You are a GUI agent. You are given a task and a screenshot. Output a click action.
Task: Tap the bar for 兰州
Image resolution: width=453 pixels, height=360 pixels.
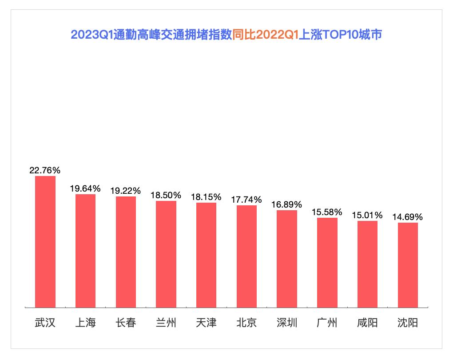pos(166,254)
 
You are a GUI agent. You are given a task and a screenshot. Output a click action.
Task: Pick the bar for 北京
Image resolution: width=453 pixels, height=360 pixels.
pos(246,256)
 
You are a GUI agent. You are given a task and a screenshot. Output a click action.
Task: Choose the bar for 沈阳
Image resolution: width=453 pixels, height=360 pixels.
pos(408,265)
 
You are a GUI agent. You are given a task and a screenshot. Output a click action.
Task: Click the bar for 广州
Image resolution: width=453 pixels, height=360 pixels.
pos(327,262)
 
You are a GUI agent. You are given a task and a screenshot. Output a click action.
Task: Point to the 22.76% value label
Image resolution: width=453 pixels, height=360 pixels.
pos(45,170)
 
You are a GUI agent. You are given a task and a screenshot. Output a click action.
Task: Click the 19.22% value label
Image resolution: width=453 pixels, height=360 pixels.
pos(126,191)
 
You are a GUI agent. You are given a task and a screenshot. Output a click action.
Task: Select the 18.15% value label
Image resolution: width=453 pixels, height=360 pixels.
pos(207,197)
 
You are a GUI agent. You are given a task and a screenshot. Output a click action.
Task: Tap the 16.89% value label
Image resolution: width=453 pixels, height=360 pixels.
pos(287,204)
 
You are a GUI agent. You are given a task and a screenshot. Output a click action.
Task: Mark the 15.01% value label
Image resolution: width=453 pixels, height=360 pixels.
pos(367,215)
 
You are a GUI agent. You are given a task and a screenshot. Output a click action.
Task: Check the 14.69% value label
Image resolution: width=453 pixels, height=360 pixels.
pos(408,217)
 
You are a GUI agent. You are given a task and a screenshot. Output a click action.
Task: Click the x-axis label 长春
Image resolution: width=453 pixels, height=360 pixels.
pos(126,322)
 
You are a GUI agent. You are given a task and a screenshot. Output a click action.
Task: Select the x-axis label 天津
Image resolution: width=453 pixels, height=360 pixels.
pos(207,322)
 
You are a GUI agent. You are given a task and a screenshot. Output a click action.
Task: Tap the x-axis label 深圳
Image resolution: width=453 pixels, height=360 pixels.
pos(287,322)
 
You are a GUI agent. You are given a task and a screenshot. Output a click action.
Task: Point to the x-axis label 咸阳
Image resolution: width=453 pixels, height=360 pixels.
pos(367,322)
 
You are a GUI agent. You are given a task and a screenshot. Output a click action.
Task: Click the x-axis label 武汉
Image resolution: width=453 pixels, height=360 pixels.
pos(45,322)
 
